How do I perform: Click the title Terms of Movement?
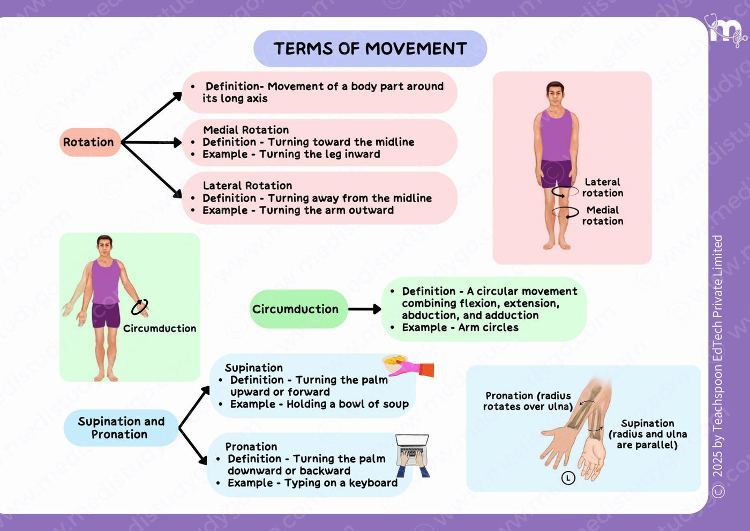(370, 49)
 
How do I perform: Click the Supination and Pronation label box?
(121, 428)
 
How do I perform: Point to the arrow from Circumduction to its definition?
(365, 309)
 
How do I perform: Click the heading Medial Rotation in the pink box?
(246, 130)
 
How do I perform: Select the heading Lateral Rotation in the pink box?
(247, 186)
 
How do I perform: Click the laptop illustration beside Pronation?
(412, 455)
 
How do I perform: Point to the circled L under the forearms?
(568, 478)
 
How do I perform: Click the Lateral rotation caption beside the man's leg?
(603, 187)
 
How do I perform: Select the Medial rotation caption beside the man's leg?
(603, 216)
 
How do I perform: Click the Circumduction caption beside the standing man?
(160, 328)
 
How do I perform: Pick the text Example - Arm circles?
(460, 327)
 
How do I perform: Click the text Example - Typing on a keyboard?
(312, 483)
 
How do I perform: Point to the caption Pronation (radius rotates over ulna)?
(527, 401)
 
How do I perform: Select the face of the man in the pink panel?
(556, 95)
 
